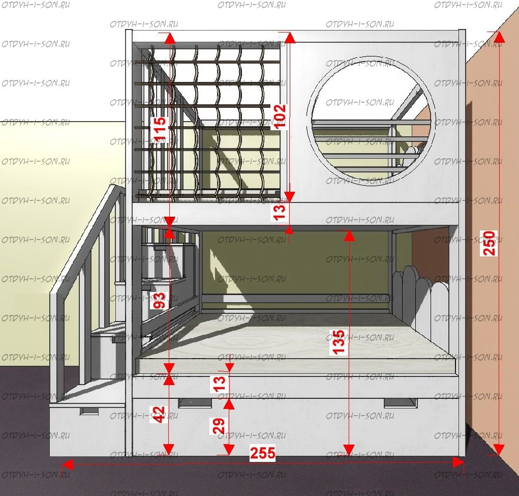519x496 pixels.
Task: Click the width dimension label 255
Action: (262, 453)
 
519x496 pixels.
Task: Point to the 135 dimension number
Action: (340, 342)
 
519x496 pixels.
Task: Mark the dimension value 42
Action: (159, 415)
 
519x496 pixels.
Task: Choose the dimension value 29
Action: (219, 426)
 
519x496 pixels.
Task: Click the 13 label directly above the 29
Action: (219, 383)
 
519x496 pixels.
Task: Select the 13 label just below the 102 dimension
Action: (280, 212)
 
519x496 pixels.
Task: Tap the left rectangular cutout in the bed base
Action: (195, 403)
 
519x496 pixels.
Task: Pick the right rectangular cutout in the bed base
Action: (400, 402)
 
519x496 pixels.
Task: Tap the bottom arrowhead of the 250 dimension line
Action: (499, 449)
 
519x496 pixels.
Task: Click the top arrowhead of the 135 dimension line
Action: (349, 235)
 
